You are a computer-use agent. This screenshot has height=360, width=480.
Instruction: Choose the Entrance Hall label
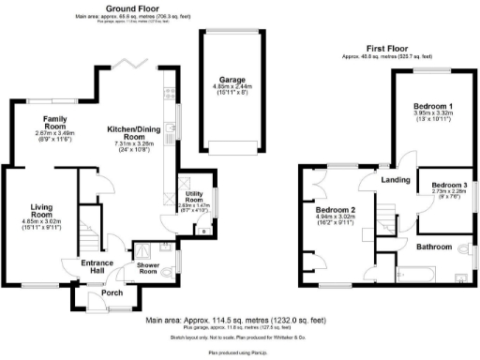pos(96,267)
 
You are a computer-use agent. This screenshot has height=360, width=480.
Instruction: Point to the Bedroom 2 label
pos(335,209)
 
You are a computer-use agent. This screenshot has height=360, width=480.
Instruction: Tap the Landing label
pos(393,179)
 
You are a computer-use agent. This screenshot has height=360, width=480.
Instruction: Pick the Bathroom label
pos(435,247)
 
